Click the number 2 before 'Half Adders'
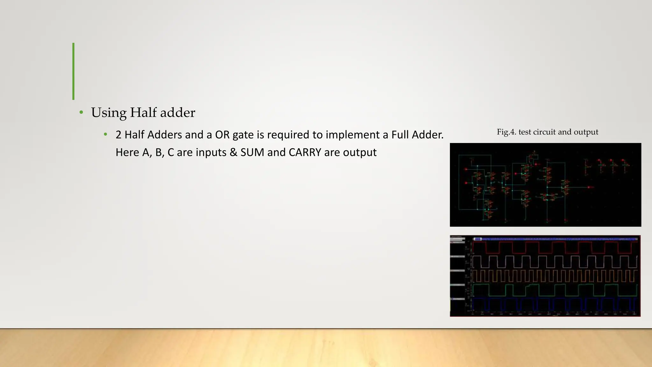pyautogui.click(x=118, y=135)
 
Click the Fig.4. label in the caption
pyautogui.click(x=507, y=132)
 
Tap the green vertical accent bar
pyautogui.click(x=74, y=71)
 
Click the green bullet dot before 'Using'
pyautogui.click(x=81, y=112)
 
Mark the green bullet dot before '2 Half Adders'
pyautogui.click(x=105, y=135)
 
